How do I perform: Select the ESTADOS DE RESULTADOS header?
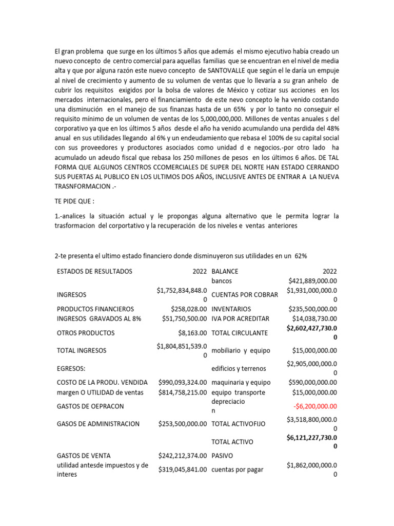tap(94, 271)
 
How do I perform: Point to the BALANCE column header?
tap(225, 271)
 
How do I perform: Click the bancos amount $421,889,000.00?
tap(312, 281)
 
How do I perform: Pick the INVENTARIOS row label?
tap(231, 309)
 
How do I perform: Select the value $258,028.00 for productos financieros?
tap(182, 309)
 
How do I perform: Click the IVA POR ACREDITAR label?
tap(240, 318)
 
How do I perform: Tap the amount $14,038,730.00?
tap(312, 318)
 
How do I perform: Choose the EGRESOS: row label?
tap(72, 368)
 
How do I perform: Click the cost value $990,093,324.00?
tap(182, 383)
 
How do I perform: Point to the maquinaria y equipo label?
tap(241, 383)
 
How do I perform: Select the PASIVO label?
tap(222, 455)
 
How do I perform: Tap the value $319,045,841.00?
tap(182, 469)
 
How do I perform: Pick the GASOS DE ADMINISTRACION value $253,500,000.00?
tap(182, 424)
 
